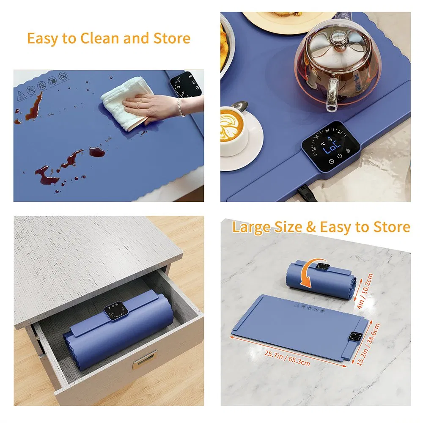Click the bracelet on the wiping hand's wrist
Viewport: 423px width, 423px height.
click(180, 107)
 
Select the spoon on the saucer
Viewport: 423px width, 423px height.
click(240, 105)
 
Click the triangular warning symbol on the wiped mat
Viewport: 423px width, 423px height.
click(21, 94)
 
